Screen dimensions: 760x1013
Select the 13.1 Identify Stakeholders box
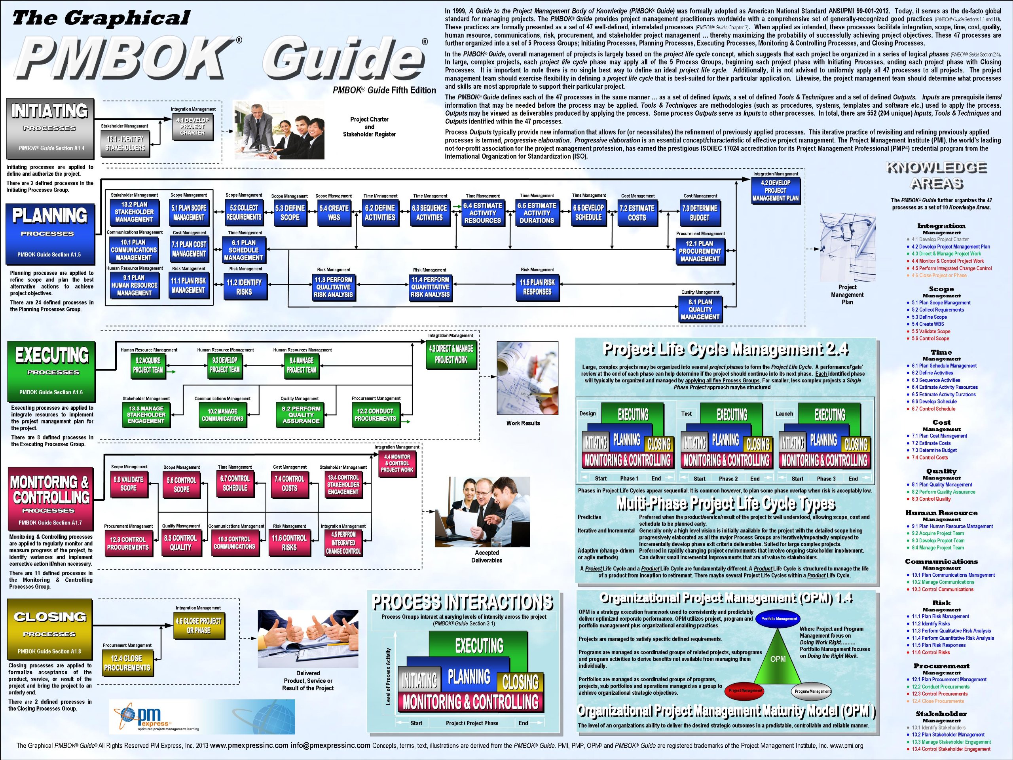point(125,143)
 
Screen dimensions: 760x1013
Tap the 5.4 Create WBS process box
point(334,213)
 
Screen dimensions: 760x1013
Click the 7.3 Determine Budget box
point(700,213)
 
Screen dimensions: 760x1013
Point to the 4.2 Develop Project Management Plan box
point(775,190)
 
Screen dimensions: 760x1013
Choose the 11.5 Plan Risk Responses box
point(537,287)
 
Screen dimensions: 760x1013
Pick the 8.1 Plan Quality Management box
point(700,309)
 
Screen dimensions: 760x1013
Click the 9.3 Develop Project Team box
point(224,365)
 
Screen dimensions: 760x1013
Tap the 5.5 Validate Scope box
point(128,484)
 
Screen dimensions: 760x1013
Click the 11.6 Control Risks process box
point(289,542)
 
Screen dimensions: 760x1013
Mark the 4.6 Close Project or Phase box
point(199,626)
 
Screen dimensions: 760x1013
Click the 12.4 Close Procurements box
point(127,663)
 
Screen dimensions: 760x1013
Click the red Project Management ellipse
point(746,690)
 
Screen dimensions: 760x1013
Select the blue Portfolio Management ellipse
point(779,618)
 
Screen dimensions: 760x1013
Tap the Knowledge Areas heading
point(937,176)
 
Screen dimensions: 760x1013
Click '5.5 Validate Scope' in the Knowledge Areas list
point(931,331)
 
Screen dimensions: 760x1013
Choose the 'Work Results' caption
point(523,423)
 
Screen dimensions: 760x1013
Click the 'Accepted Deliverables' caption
point(486,557)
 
